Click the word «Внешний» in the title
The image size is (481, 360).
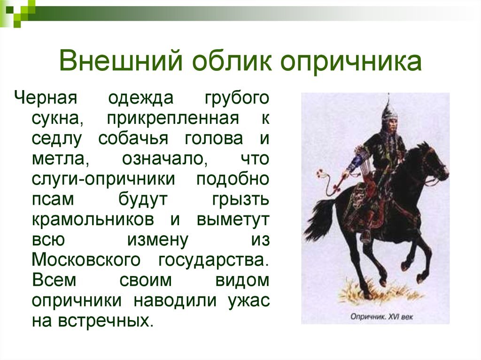click(121, 60)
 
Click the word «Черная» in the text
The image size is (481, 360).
click(46, 99)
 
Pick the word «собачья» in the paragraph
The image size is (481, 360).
click(133, 138)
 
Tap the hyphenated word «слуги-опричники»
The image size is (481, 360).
click(103, 179)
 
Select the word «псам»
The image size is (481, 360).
click(53, 199)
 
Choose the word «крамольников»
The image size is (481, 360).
click(93, 220)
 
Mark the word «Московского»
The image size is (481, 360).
click(86, 260)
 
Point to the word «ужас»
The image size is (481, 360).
click(249, 300)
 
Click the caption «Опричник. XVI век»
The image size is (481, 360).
click(381, 316)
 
